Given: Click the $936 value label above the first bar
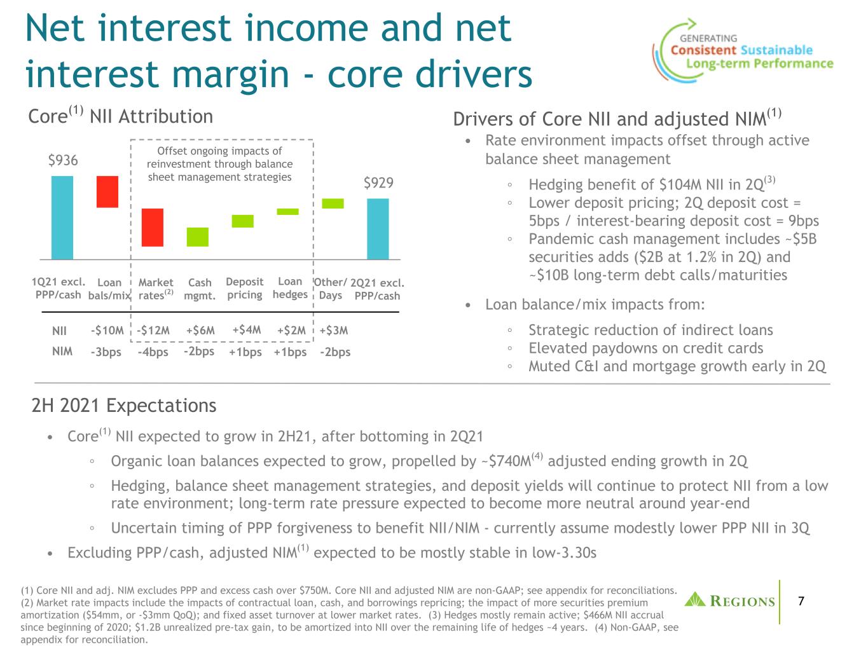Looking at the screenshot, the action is click(63, 160).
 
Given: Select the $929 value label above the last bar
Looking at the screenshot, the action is click(378, 183).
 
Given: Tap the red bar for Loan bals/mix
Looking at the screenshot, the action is click(107, 192).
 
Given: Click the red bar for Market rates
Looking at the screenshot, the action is click(152, 228).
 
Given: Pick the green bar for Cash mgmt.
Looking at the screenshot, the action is click(197, 237).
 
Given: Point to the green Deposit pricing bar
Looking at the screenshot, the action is click(242, 221).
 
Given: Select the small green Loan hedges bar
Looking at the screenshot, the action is click(287, 212).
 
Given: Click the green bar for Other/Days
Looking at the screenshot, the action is click(333, 203).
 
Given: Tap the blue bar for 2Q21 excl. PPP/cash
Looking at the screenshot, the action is click(378, 229).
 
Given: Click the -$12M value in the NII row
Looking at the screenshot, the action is click(153, 330).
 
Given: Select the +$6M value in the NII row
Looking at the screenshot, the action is click(200, 330).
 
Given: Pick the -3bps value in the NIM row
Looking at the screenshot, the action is click(106, 352).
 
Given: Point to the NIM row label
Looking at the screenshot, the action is click(62, 352).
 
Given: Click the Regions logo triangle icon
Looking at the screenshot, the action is click(695, 600).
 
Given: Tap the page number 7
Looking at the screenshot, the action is click(801, 601).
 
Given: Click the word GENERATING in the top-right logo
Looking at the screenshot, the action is click(708, 38).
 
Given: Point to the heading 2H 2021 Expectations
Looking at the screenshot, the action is click(124, 406).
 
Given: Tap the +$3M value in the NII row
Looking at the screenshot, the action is click(334, 330).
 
